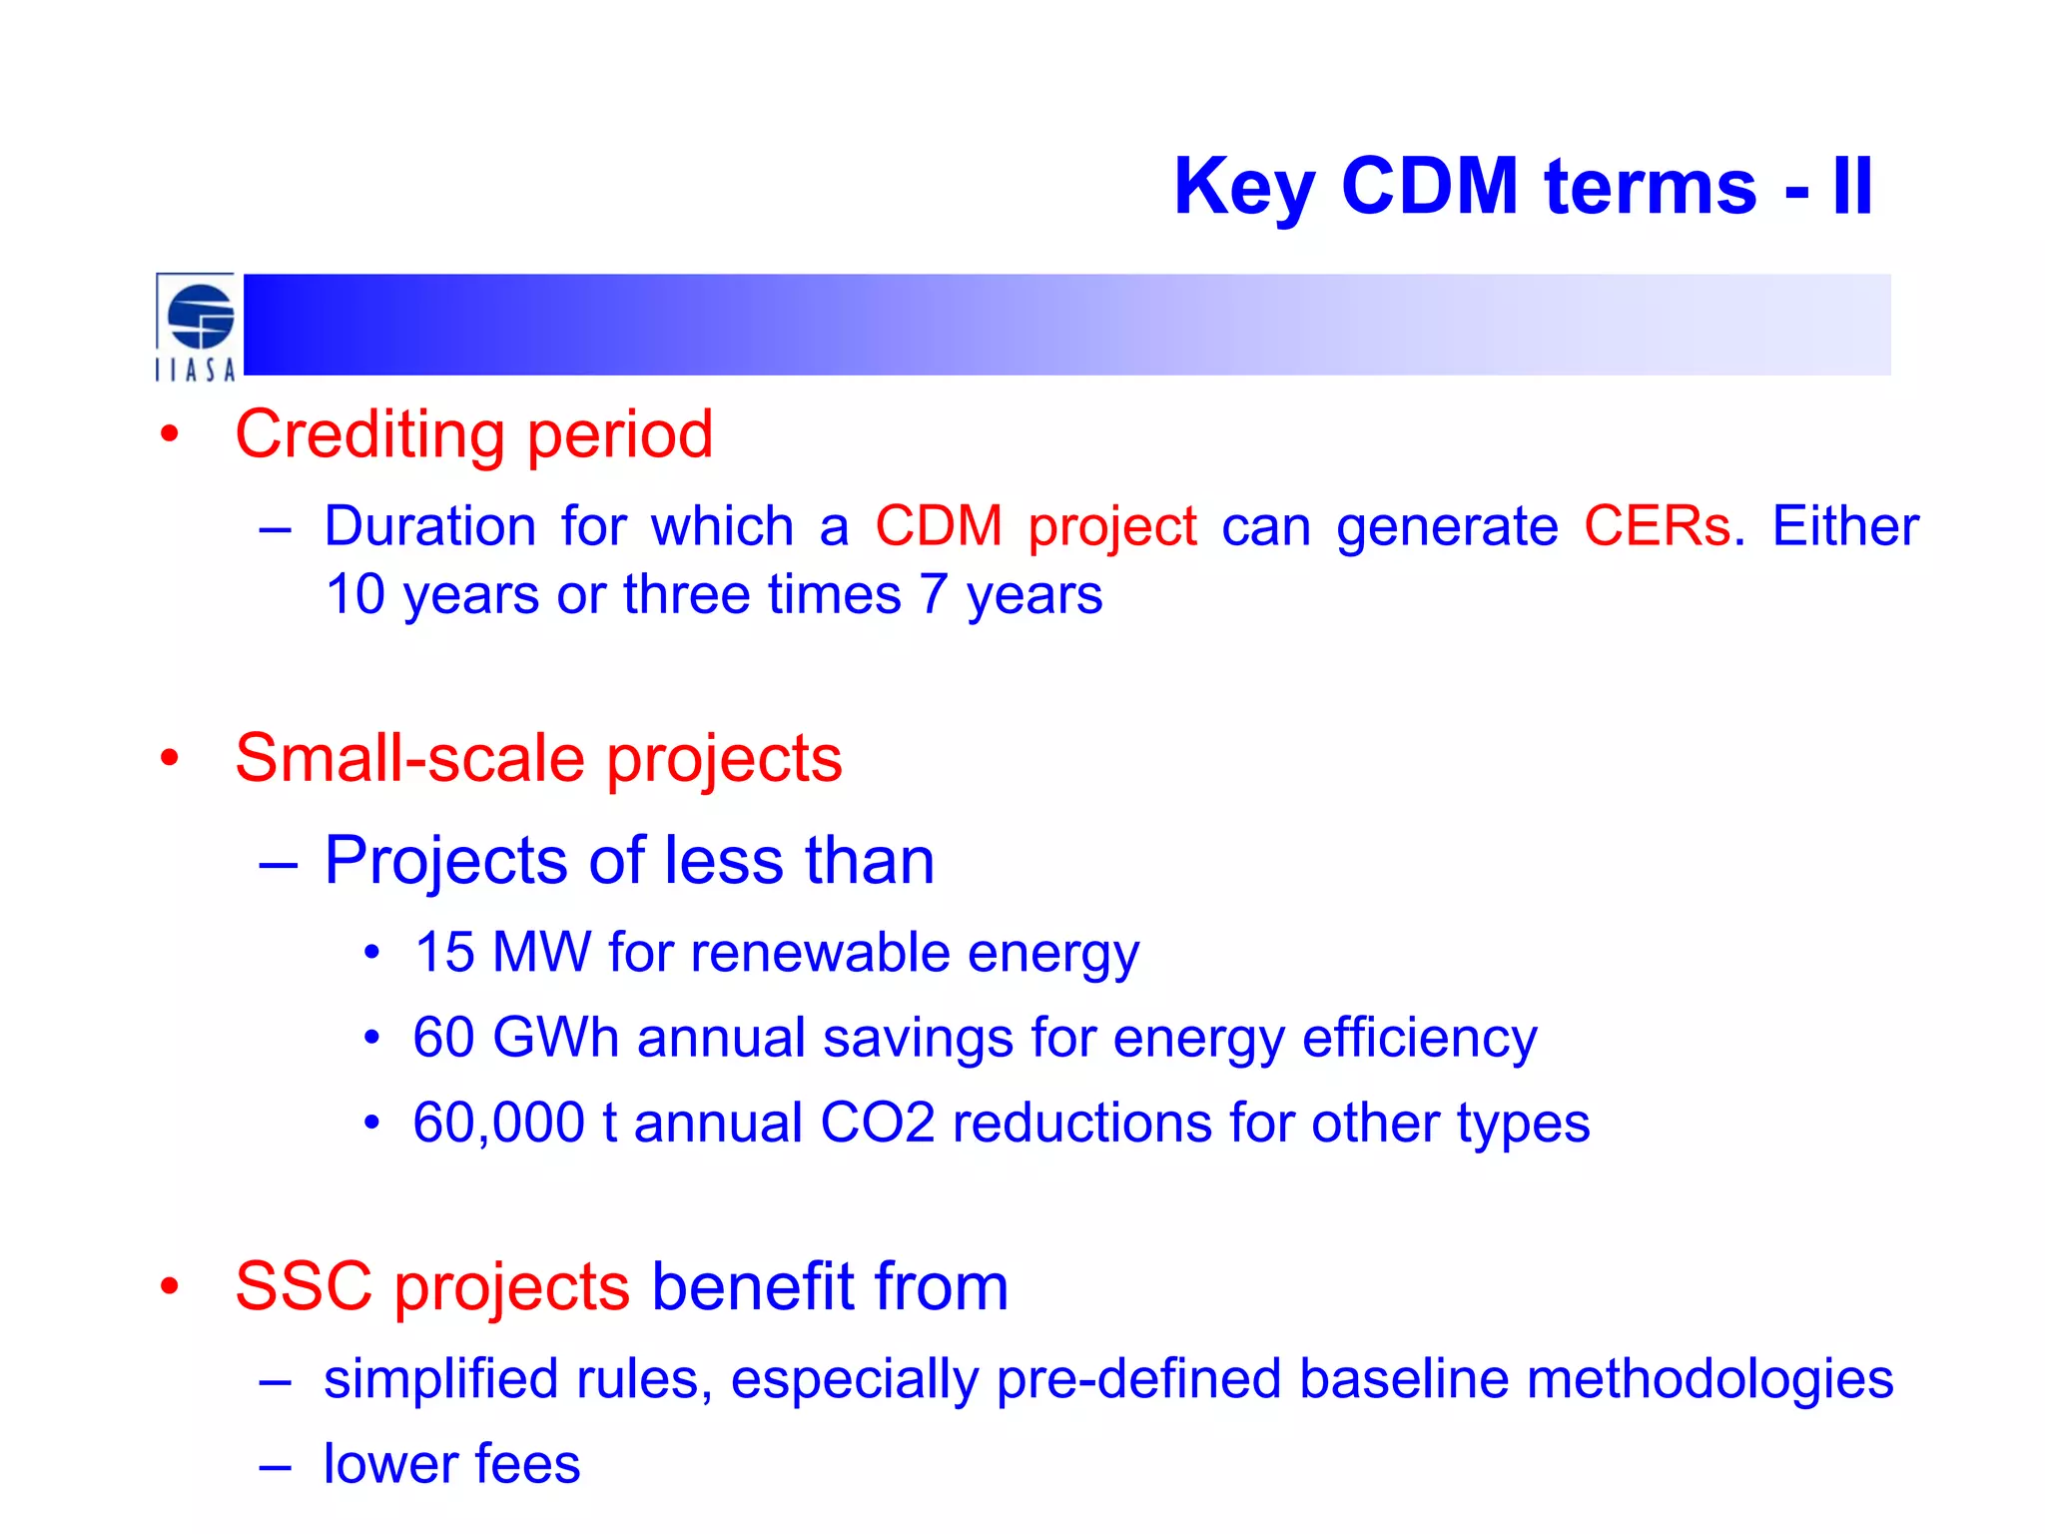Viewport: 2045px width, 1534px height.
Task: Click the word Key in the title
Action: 1243,188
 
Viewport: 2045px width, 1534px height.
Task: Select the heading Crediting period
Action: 473,434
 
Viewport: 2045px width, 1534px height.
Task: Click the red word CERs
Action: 1657,525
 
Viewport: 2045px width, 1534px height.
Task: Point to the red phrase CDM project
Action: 1034,526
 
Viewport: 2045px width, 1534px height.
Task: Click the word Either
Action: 1844,525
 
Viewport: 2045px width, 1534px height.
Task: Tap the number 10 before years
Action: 355,594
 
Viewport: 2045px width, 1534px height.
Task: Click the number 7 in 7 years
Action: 933,594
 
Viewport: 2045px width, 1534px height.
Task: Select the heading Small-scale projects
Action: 538,758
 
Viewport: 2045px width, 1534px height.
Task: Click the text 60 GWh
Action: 515,1037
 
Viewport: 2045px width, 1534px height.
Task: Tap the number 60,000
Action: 498,1123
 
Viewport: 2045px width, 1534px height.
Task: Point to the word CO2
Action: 877,1123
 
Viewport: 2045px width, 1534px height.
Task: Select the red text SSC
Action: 303,1286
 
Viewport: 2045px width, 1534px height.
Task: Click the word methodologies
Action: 1708,1379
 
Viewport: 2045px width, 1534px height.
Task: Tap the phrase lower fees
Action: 451,1464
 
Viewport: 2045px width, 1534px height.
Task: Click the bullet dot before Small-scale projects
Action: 170,758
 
